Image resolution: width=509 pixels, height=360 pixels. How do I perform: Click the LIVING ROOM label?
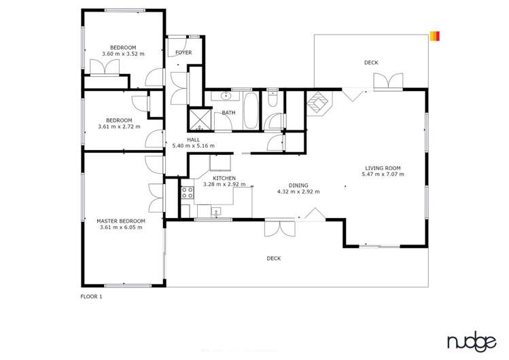[x=383, y=168]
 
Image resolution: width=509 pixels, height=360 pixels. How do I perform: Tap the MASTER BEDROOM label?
[x=121, y=221]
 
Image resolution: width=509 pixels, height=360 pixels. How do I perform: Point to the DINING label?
[x=298, y=185]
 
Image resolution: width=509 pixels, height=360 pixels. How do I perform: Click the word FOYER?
[x=183, y=52]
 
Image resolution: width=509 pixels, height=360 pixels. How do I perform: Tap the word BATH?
[x=228, y=113]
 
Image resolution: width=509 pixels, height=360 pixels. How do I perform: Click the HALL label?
[x=193, y=139]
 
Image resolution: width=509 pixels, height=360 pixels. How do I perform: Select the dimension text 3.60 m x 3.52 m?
[x=123, y=54]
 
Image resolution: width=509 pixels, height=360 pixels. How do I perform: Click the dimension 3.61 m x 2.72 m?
[x=119, y=126]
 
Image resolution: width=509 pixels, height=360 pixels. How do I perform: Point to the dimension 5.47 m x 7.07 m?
[x=383, y=175]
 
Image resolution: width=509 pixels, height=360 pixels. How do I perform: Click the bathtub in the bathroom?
[x=249, y=111]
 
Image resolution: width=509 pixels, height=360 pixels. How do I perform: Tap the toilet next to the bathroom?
[x=273, y=99]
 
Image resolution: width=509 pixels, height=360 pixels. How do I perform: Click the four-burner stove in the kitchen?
[x=187, y=192]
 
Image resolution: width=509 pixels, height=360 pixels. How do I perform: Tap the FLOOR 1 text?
[x=91, y=297]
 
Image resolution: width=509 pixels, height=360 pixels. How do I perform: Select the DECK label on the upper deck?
[x=371, y=62]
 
